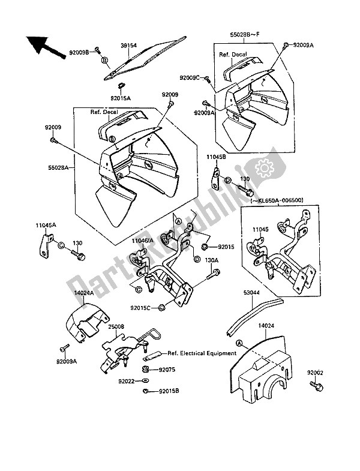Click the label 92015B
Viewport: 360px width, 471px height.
click(x=164, y=392)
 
